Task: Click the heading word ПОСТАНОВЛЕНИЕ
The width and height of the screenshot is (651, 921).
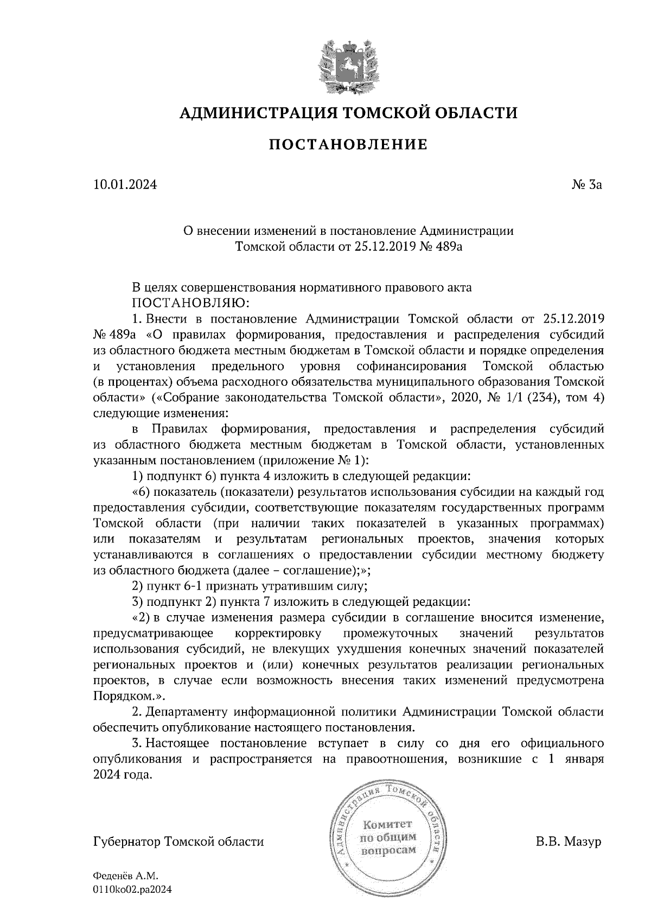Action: pos(348,145)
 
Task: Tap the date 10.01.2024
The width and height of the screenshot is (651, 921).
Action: pos(125,186)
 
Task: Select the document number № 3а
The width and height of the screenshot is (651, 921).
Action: pos(586,186)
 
